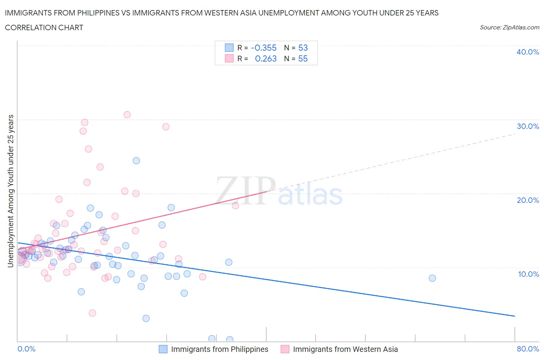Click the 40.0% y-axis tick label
pyautogui.click(x=528, y=52)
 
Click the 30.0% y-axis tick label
pyautogui.click(x=528, y=126)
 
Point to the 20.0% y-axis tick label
pyautogui.click(x=528, y=200)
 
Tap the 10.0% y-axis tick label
pyautogui.click(x=529, y=274)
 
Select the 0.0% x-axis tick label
pyautogui.click(x=27, y=349)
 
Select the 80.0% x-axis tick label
pyautogui.click(x=528, y=349)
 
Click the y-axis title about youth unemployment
pyautogui.click(x=11, y=191)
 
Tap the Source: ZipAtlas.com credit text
pyautogui.click(x=509, y=27)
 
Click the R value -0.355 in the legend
pyautogui.click(x=263, y=48)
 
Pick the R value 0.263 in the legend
pyautogui.click(x=265, y=58)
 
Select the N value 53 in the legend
pyautogui.click(x=303, y=48)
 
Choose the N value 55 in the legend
pyautogui.click(x=303, y=58)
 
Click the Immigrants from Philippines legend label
pyautogui.click(x=219, y=349)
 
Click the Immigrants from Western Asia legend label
pyautogui.click(x=345, y=349)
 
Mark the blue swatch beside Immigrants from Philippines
pyautogui.click(x=163, y=349)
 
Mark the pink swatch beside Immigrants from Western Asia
pyautogui.click(x=285, y=349)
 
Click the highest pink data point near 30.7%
pyautogui.click(x=127, y=115)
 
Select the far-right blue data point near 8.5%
pyautogui.click(x=432, y=278)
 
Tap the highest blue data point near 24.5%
pyautogui.click(x=136, y=161)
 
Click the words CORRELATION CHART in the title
pyautogui.click(x=44, y=27)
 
